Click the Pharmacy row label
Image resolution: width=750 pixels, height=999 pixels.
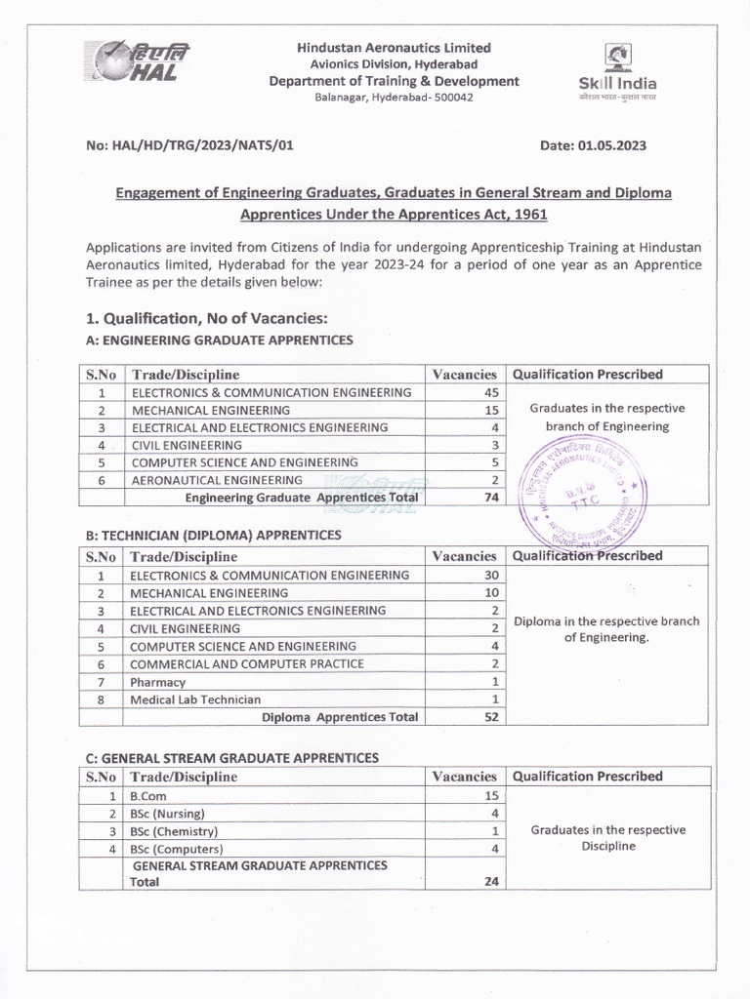[157, 682]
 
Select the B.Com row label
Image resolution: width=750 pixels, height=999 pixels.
[147, 796]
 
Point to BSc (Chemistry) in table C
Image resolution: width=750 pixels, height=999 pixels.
[174, 831]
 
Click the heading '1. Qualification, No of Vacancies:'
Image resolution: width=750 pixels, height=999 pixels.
[207, 318]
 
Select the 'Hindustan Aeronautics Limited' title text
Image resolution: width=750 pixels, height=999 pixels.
[394, 47]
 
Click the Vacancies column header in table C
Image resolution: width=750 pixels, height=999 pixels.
[464, 777]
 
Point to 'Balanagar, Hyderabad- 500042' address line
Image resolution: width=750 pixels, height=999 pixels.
[394, 100]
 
